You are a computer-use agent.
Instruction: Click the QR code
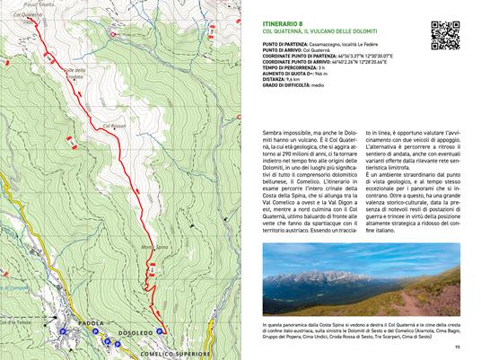pos(446,32)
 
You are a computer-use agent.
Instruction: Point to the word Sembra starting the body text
pos(267,132)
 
